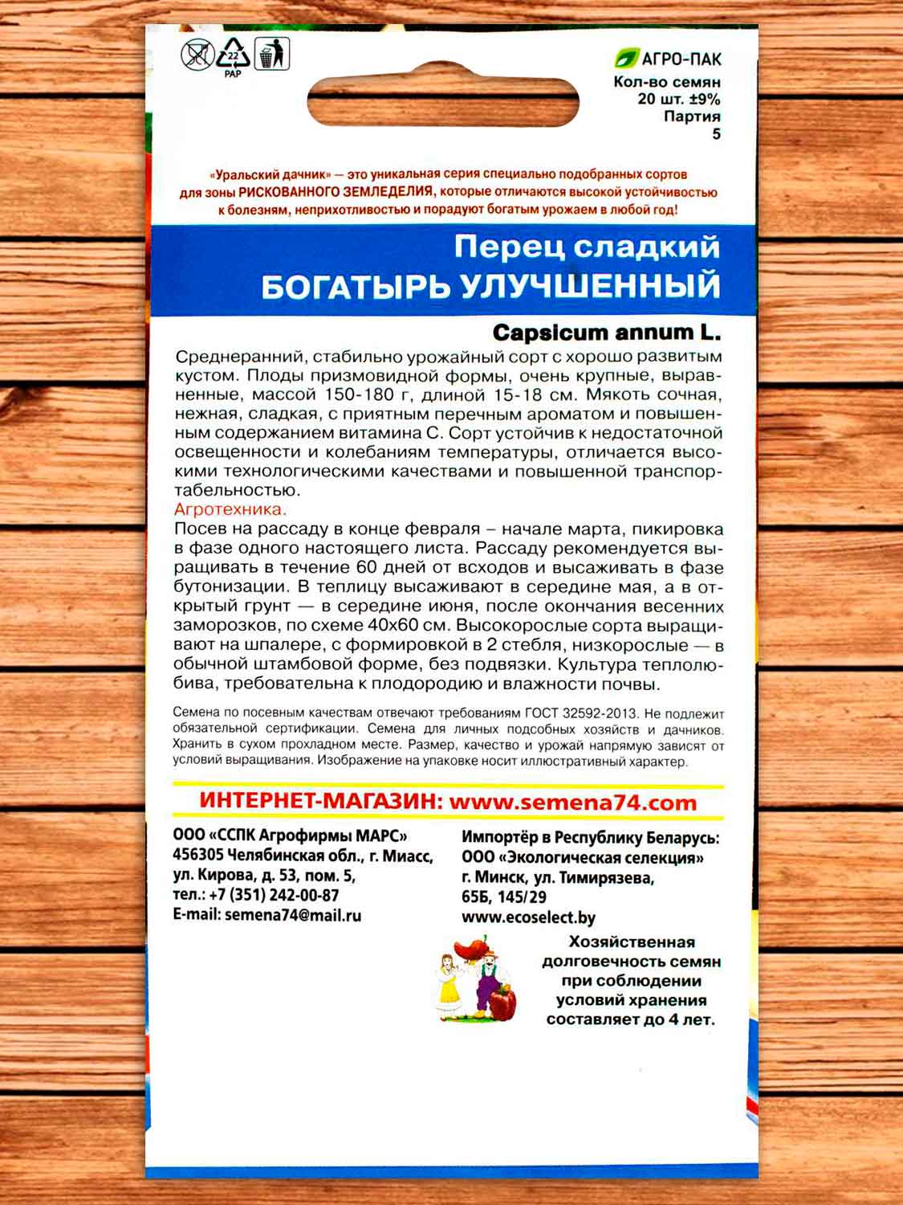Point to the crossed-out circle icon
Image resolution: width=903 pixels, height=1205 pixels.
click(x=197, y=55)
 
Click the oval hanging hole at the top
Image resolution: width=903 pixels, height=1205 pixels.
click(x=443, y=104)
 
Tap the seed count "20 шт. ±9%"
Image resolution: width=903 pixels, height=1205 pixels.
click(x=678, y=100)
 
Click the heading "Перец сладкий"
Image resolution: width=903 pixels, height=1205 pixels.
click(x=587, y=247)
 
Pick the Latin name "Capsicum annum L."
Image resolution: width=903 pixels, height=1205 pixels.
click(x=606, y=332)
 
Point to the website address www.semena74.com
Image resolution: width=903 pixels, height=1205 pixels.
click(x=573, y=802)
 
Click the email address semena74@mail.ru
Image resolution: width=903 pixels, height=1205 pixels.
click(x=293, y=914)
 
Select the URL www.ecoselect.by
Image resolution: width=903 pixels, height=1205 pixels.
click(x=528, y=917)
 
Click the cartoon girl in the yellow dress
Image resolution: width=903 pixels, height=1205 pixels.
click(x=449, y=984)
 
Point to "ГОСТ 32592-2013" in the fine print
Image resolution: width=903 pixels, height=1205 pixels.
click(x=581, y=713)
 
